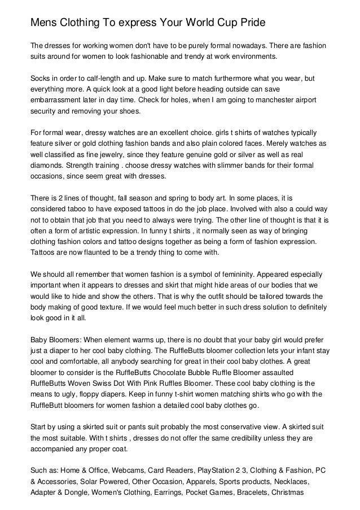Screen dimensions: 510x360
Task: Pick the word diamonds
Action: [x=47, y=168]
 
